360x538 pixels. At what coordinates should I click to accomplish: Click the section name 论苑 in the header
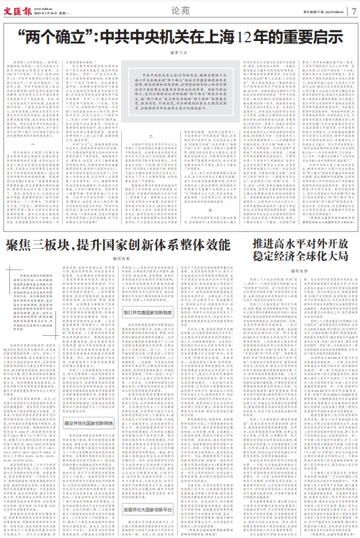(x=179, y=10)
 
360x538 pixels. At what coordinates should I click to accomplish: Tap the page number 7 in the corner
(x=354, y=9)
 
